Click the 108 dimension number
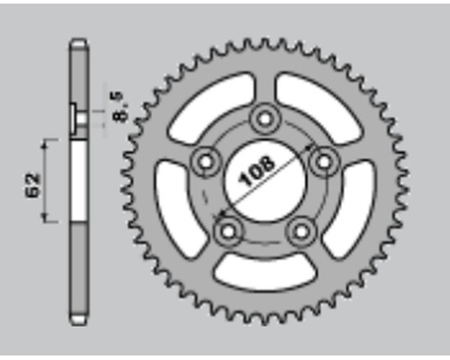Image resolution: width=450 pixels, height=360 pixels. (256, 171)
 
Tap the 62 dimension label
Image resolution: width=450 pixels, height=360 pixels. (33, 184)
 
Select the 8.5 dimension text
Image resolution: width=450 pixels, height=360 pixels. (121, 107)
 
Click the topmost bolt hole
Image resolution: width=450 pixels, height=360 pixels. (265, 120)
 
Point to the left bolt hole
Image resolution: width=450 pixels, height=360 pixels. (206, 162)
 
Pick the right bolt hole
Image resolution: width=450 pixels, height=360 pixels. (324, 162)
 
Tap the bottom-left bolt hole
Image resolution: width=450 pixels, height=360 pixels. (229, 231)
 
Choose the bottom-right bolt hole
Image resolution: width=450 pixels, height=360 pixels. (301, 231)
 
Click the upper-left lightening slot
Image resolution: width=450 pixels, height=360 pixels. (210, 106)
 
